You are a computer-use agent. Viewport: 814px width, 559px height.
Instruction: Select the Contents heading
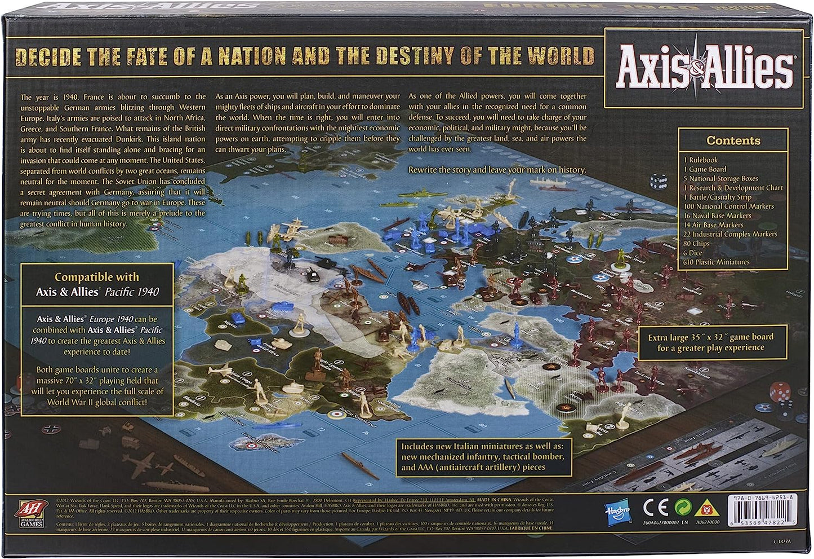point(733,140)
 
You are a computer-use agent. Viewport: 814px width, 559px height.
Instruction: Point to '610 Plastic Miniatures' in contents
point(716,262)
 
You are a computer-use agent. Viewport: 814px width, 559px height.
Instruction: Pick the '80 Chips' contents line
point(696,244)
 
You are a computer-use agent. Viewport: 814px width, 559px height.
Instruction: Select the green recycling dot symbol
point(683,507)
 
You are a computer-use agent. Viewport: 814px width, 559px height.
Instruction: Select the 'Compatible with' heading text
point(96,277)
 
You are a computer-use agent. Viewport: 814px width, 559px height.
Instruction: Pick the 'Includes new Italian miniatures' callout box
point(482,456)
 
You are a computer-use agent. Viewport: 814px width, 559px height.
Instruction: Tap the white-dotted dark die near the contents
point(658,182)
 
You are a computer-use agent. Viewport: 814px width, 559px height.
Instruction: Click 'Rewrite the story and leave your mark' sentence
point(497,170)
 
